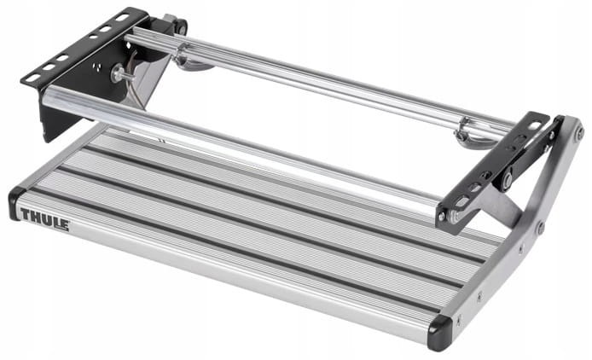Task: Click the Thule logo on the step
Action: (44, 219)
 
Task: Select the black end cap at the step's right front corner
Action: (439, 334)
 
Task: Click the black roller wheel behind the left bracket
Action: (182, 26)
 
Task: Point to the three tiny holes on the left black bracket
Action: (99, 67)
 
